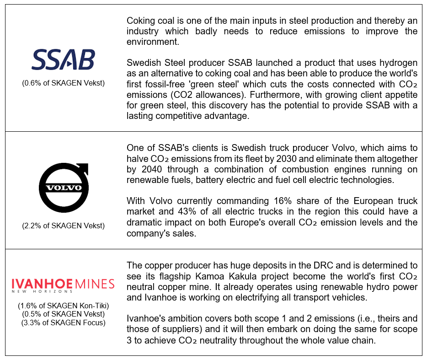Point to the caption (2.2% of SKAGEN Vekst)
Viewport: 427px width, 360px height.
(64, 225)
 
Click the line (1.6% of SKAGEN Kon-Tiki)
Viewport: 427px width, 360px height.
(64, 306)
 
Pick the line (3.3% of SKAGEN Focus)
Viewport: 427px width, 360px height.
(64, 323)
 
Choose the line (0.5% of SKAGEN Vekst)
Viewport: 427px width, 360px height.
(64, 314)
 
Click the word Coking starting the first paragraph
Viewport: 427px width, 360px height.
(140, 21)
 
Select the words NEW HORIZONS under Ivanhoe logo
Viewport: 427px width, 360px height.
(43, 291)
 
